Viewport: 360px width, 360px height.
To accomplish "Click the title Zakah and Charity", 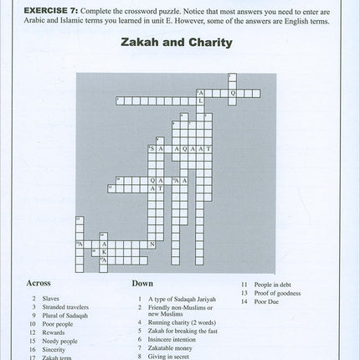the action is pyautogui.click(x=179, y=41).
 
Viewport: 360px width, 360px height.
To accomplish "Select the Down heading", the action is pyautogui.click(x=142, y=283).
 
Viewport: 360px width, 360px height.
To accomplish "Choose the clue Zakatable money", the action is pyautogui.click(x=175, y=350).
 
